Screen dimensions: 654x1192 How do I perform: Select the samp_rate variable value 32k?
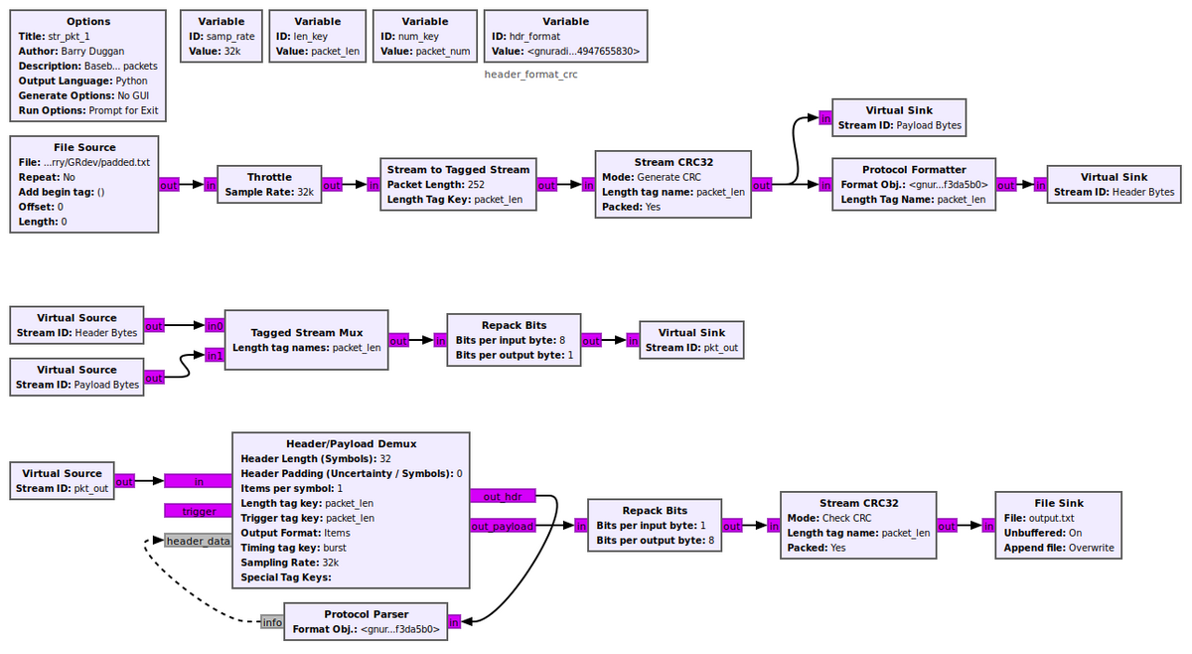pos(232,51)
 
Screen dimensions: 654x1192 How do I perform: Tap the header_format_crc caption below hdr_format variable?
pos(530,74)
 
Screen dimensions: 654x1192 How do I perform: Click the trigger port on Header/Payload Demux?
pos(198,511)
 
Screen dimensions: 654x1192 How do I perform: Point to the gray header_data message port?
pos(198,541)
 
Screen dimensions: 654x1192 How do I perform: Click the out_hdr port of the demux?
pos(503,496)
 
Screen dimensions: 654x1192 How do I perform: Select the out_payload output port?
pos(503,526)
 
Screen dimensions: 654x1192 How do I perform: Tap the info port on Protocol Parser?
pos(272,622)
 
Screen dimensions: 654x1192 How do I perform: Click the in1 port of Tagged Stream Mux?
pos(214,355)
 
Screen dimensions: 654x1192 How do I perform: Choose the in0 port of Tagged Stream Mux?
pos(214,325)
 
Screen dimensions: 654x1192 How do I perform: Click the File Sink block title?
pos(1058,503)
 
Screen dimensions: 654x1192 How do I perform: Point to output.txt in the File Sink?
pos(1052,518)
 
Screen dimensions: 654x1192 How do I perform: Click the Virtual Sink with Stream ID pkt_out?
pos(691,340)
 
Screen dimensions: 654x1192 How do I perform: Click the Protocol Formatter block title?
pos(914,169)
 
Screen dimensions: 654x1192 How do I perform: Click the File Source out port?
pos(169,185)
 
